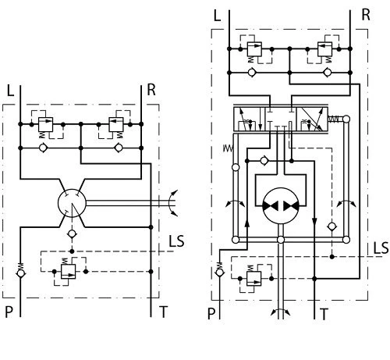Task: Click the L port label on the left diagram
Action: tap(10, 91)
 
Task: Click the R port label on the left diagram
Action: tap(151, 90)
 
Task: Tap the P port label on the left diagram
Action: tap(9, 312)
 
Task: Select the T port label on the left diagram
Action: tap(164, 312)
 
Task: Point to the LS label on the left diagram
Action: tap(176, 241)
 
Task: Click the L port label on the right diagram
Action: tap(217, 16)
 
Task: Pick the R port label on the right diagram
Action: tap(366, 15)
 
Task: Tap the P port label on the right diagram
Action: tap(211, 314)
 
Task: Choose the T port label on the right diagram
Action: tap(324, 315)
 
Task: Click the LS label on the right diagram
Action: tap(381, 248)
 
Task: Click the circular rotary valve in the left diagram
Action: tap(72, 203)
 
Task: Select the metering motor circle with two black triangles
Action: tap(281, 205)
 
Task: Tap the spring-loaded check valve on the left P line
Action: tap(20, 271)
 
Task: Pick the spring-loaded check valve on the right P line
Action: tap(220, 270)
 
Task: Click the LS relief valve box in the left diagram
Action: tap(69, 272)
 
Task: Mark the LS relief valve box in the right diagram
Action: tap(254, 279)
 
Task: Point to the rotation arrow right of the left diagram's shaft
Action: tap(170, 203)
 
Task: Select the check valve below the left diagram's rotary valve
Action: tap(72, 233)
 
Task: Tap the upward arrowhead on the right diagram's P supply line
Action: tap(247, 223)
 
